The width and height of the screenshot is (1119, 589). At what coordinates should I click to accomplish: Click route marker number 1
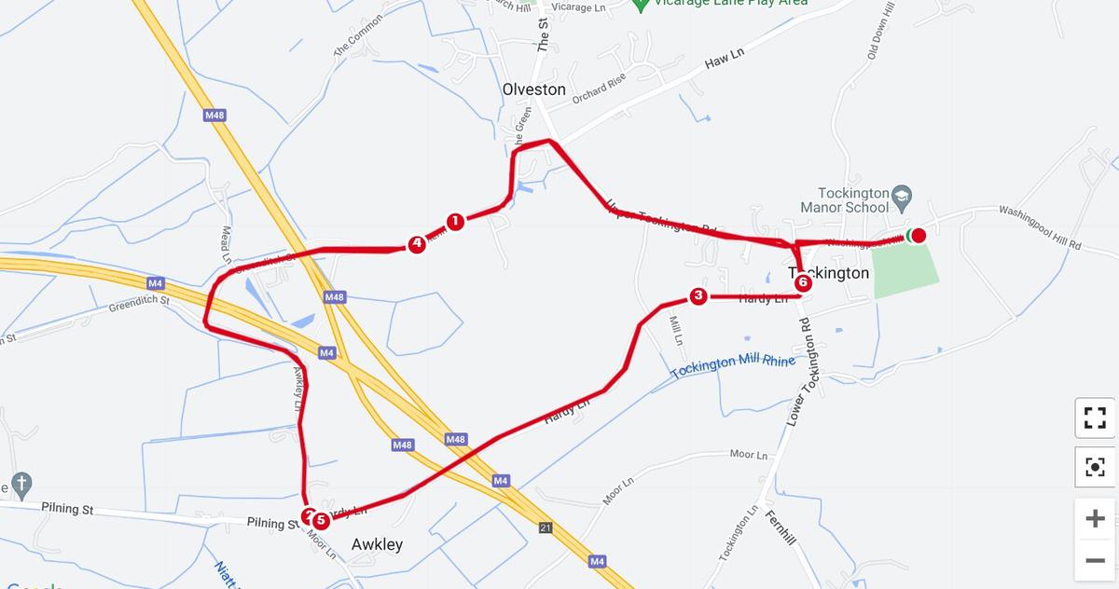click(x=455, y=222)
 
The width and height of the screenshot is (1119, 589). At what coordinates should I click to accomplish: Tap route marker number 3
click(x=698, y=296)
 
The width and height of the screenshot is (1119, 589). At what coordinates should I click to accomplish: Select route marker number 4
click(x=417, y=244)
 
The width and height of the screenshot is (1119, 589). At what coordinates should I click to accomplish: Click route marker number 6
click(x=803, y=282)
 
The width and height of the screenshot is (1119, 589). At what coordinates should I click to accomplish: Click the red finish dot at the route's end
click(x=919, y=235)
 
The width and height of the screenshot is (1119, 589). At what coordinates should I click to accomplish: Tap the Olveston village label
click(x=533, y=89)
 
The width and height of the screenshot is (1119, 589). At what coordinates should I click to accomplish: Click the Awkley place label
click(x=377, y=544)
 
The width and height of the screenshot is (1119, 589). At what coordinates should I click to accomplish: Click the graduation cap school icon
click(x=901, y=196)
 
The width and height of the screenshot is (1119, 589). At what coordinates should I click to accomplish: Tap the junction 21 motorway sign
click(x=546, y=528)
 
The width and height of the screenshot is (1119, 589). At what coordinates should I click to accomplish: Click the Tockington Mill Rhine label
click(x=733, y=366)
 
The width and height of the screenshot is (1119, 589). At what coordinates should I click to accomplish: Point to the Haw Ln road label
click(x=725, y=59)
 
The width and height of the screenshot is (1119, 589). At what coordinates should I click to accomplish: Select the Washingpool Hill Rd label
click(x=1040, y=226)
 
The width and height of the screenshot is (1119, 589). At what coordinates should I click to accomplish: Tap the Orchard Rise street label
click(x=599, y=89)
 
